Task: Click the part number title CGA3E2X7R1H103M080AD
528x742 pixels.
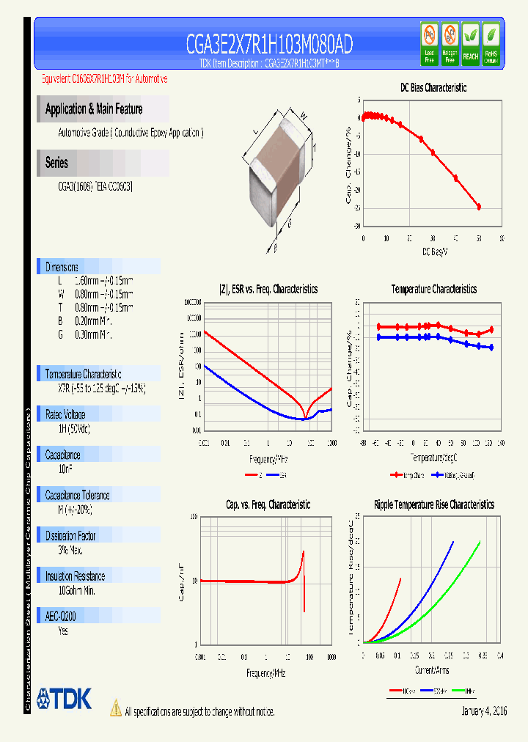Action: (x=268, y=45)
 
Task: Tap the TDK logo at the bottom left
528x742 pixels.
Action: (x=64, y=699)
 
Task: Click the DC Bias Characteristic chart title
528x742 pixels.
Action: (x=433, y=87)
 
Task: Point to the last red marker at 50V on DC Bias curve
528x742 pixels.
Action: (x=479, y=207)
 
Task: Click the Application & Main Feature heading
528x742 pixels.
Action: (x=94, y=109)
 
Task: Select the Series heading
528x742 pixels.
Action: (x=56, y=163)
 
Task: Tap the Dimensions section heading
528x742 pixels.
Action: (x=62, y=267)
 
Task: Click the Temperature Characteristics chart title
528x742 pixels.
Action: (x=433, y=289)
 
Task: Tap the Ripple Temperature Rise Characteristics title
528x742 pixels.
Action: (x=433, y=504)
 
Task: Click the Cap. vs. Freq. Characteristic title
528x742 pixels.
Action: (x=268, y=504)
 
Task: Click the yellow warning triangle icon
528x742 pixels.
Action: (x=115, y=708)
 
